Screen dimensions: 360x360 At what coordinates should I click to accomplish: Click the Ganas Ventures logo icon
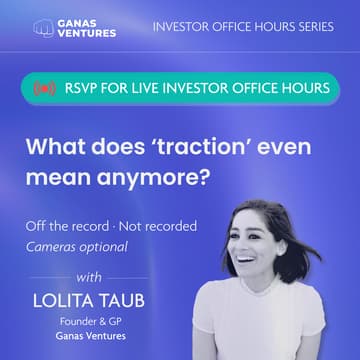click(x=42, y=26)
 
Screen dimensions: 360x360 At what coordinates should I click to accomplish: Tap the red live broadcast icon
click(x=43, y=89)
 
